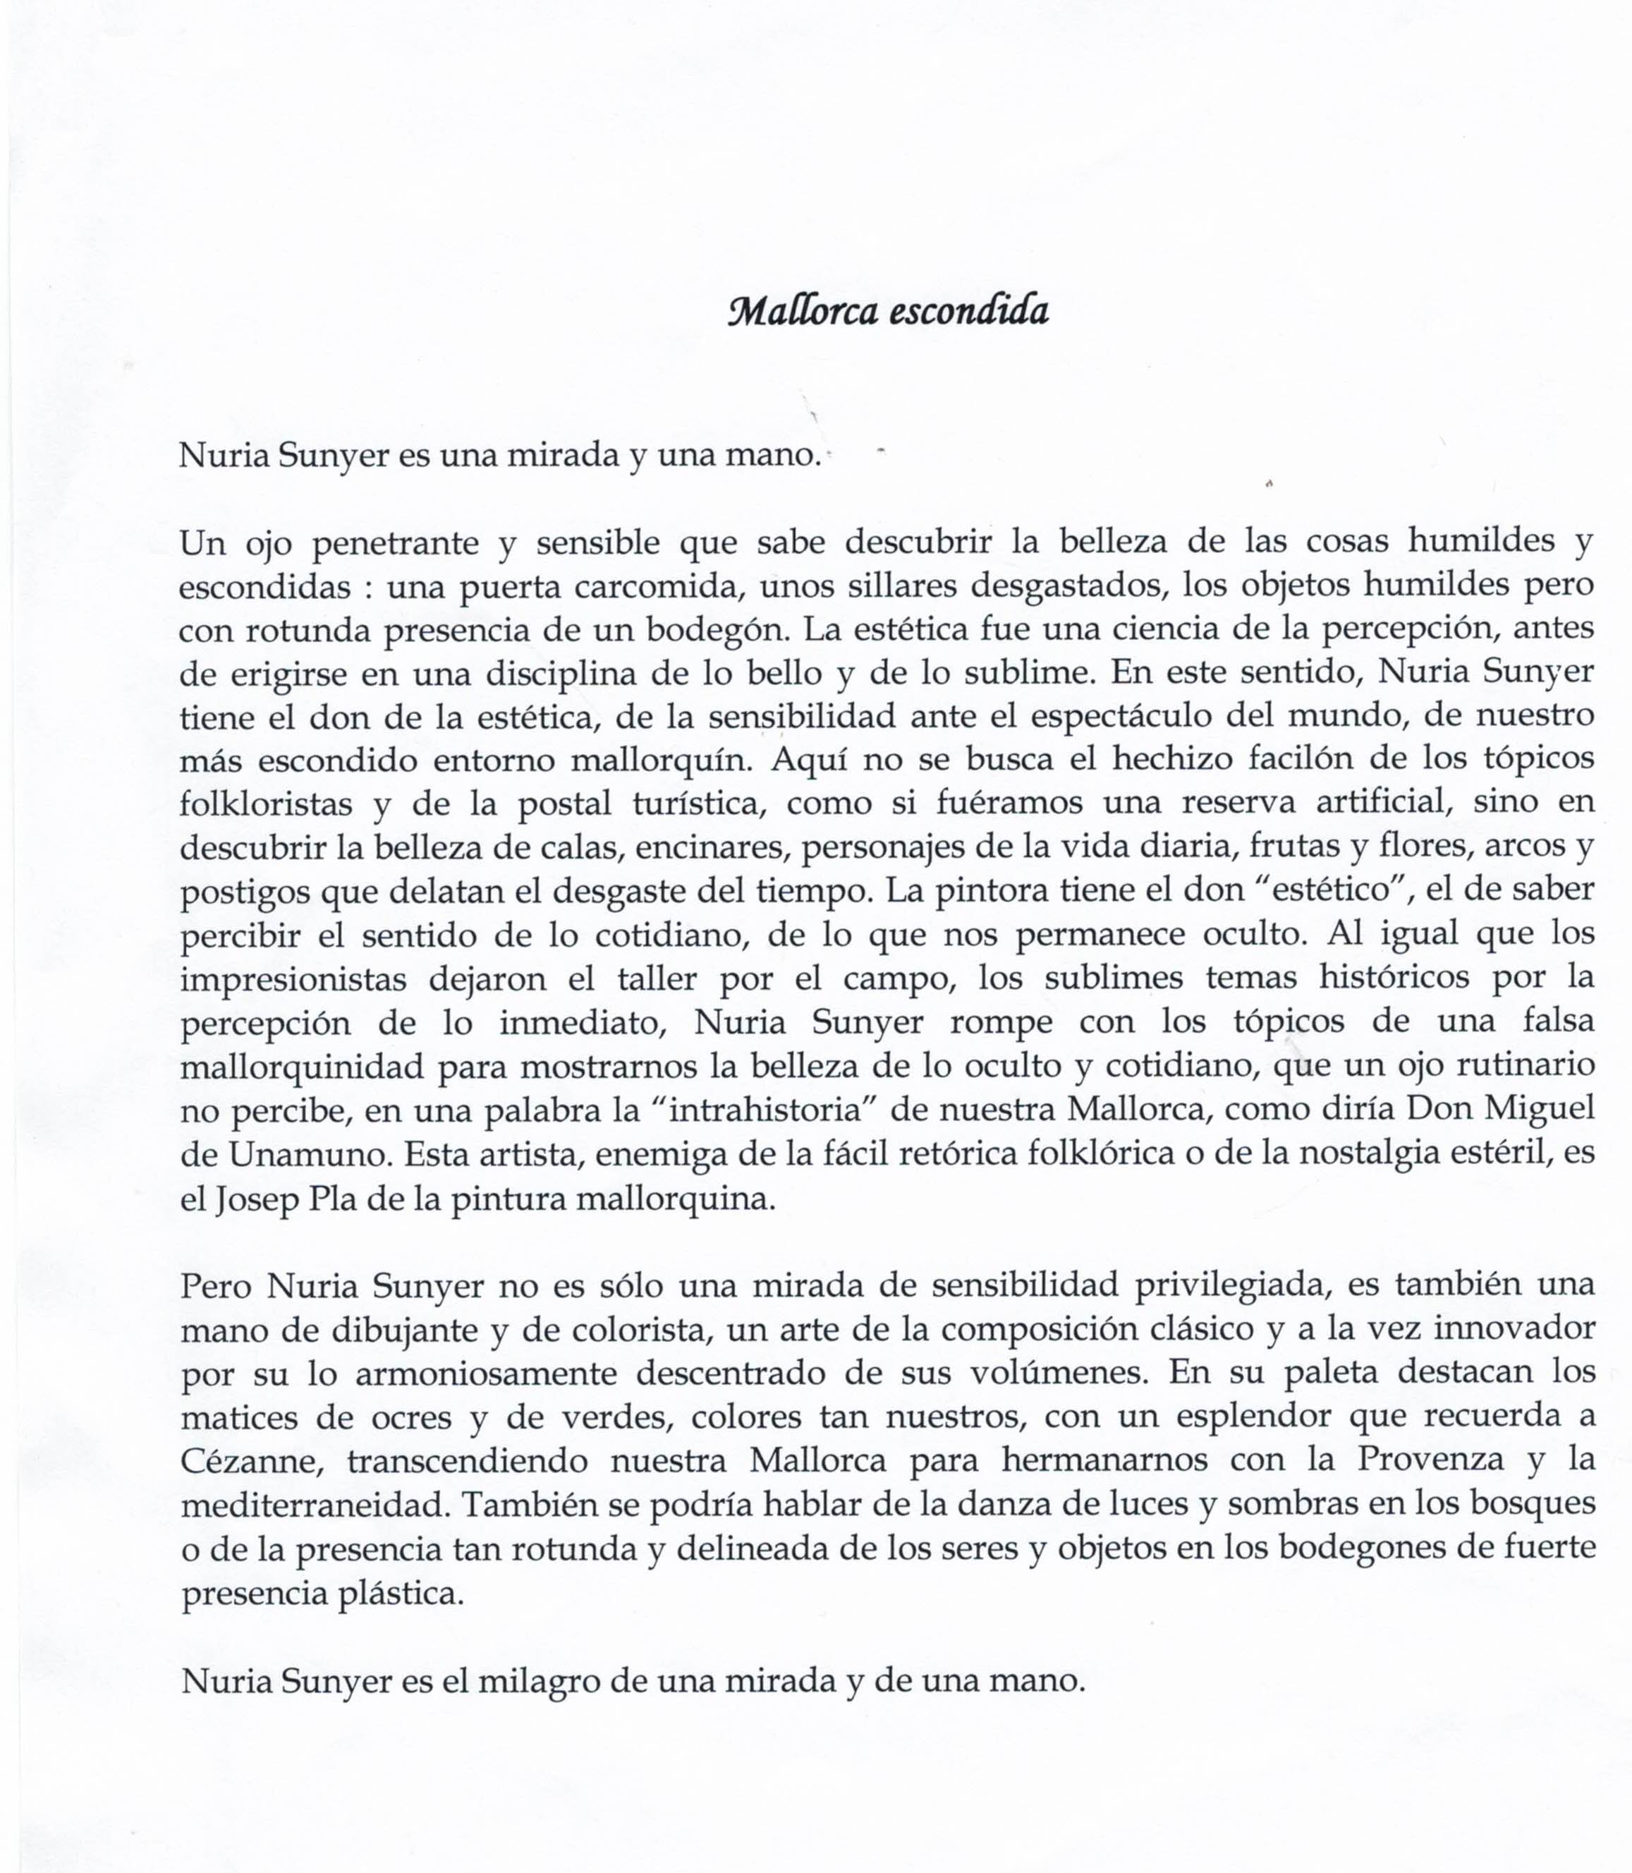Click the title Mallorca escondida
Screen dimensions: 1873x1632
click(x=888, y=312)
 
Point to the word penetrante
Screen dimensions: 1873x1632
click(x=394, y=544)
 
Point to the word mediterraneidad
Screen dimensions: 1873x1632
click(x=316, y=1505)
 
